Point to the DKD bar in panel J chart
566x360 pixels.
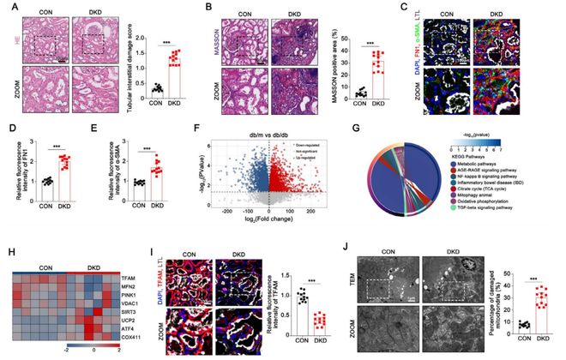pyautogui.click(x=539, y=315)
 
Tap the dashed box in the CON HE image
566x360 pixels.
pyautogui.click(x=40, y=43)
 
